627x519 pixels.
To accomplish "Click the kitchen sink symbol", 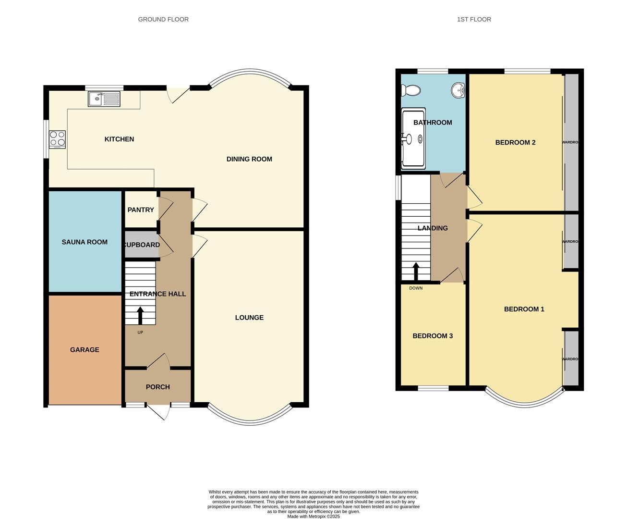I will point(104,99).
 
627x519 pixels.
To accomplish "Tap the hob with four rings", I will point(57,139).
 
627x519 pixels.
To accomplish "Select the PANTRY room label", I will point(141,210).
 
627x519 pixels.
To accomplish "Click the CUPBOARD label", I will point(142,245).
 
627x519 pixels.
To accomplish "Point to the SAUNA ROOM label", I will point(84,242).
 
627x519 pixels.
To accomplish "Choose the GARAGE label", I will point(84,350).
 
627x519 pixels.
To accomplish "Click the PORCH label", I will point(157,387).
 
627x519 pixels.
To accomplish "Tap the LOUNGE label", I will point(249,318).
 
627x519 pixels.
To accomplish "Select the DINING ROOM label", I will point(249,159).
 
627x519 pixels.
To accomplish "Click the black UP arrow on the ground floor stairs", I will point(140,316).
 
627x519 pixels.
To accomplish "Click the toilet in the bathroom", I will point(410,90).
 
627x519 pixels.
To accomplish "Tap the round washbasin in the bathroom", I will point(458,90).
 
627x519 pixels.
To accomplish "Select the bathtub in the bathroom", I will point(413,138).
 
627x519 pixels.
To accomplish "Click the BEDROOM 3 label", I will point(433,336).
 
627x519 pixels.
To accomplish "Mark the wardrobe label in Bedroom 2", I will point(570,143).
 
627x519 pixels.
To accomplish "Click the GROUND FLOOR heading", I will point(163,20).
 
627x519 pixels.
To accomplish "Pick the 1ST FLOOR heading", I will point(474,20).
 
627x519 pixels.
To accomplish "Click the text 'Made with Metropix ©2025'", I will point(313,517).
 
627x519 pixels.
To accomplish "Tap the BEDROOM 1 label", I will point(524,309).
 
